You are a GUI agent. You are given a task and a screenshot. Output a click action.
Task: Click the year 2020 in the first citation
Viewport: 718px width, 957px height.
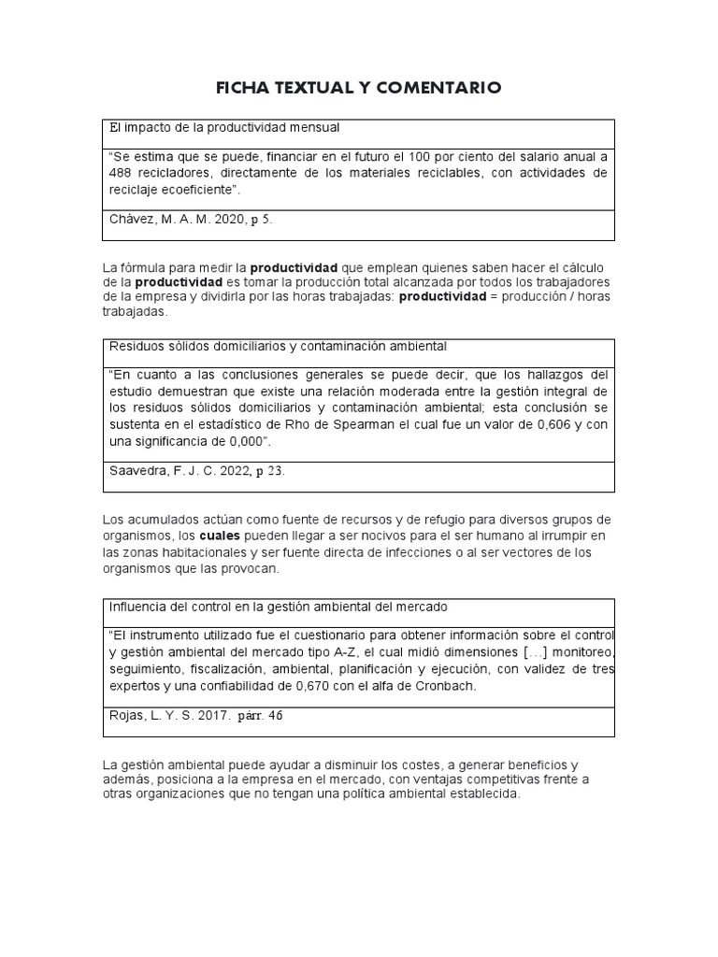point(221,219)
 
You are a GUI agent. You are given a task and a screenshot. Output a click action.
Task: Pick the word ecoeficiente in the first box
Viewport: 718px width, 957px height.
point(193,190)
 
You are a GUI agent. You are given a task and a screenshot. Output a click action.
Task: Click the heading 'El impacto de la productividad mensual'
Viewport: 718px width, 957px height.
point(224,127)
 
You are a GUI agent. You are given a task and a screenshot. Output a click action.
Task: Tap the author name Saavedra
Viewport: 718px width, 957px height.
point(139,470)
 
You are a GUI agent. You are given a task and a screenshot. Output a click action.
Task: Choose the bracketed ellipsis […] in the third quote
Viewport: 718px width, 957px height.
point(502,652)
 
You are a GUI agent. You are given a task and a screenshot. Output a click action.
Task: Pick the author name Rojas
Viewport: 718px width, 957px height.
point(128,716)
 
